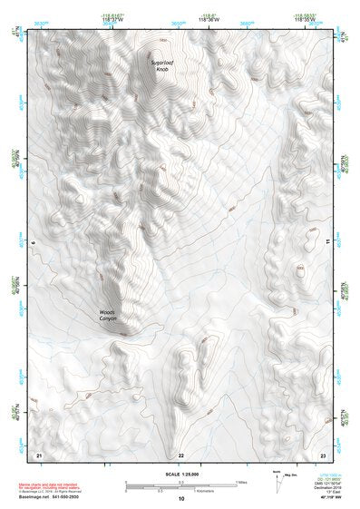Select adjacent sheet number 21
click(x=38, y=454)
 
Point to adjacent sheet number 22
click(x=181, y=455)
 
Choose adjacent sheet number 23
click(x=322, y=454)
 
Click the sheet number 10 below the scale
click(x=181, y=498)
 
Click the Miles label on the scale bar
click(x=242, y=482)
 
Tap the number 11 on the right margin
click(x=328, y=242)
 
